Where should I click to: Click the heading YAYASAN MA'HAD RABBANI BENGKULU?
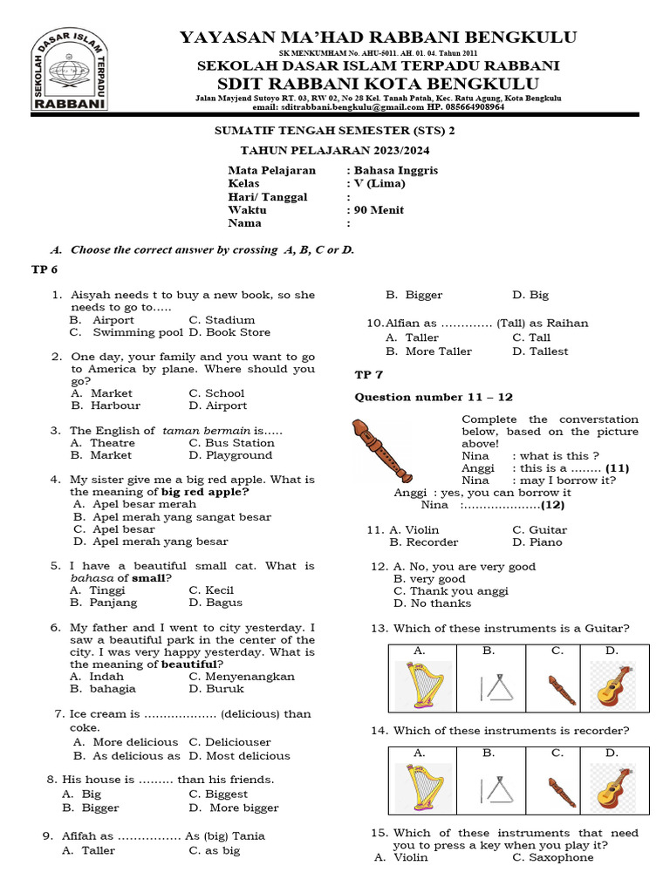tap(378, 37)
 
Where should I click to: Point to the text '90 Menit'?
tap(379, 210)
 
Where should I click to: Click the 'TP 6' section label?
tap(44, 270)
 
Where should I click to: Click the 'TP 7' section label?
tap(368, 375)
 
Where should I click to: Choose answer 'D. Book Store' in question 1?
tap(229, 332)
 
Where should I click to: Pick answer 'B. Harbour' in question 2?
tap(106, 406)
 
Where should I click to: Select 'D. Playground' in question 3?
tap(230, 455)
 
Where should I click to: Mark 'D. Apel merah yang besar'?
tap(150, 542)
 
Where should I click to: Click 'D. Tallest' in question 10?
tap(540, 351)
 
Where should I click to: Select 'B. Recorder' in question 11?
tap(427, 542)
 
